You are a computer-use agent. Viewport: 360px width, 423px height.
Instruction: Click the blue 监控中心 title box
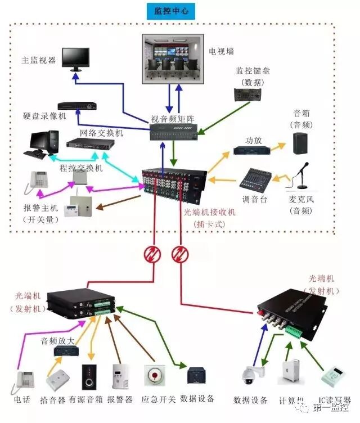pos(170,11)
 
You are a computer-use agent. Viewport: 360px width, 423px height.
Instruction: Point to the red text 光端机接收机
pos(210,212)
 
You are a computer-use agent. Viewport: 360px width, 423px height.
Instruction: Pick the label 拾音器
pos(55,399)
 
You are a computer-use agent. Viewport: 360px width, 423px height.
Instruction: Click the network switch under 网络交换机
pos(91,143)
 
